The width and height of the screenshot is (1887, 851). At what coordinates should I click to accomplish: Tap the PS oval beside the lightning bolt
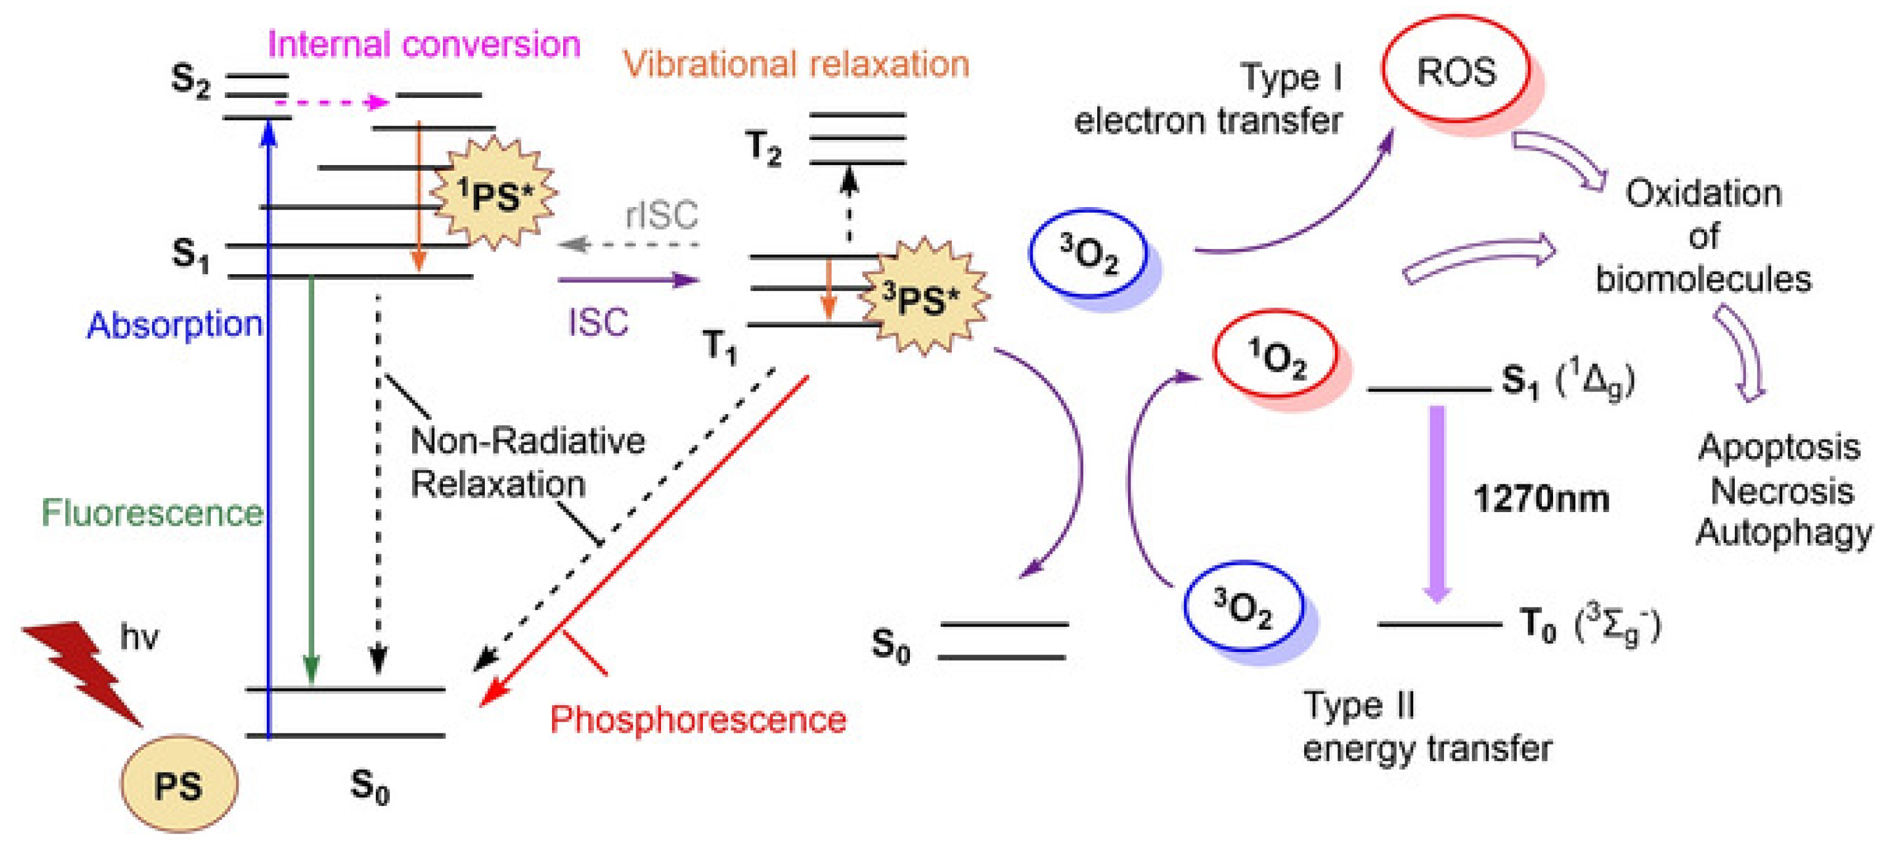click(x=179, y=784)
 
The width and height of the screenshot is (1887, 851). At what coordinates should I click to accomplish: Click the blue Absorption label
click(x=174, y=324)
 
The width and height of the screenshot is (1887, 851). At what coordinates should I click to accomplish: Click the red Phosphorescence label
click(x=697, y=719)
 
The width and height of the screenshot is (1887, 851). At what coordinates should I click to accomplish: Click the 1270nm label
click(x=1541, y=499)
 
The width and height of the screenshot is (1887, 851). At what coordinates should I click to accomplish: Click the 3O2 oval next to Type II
click(x=1244, y=608)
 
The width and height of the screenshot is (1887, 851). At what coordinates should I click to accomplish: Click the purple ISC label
click(x=598, y=322)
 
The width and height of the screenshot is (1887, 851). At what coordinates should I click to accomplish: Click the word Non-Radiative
click(x=527, y=441)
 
